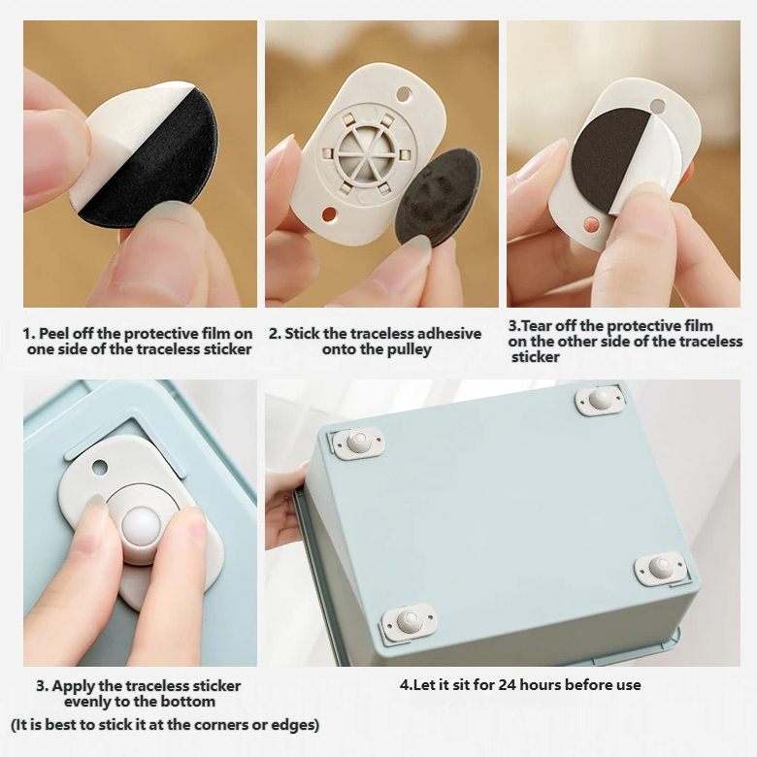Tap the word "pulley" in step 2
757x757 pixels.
point(409,350)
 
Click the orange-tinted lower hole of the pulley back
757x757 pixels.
point(329,214)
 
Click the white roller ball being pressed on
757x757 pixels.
point(142,527)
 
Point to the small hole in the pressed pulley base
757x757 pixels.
point(100,468)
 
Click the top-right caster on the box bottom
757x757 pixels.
point(600,400)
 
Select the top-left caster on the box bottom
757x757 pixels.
point(358,443)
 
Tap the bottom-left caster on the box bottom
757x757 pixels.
point(410,622)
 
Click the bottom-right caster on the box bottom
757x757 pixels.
point(661,568)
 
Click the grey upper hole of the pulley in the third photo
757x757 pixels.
point(657,106)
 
